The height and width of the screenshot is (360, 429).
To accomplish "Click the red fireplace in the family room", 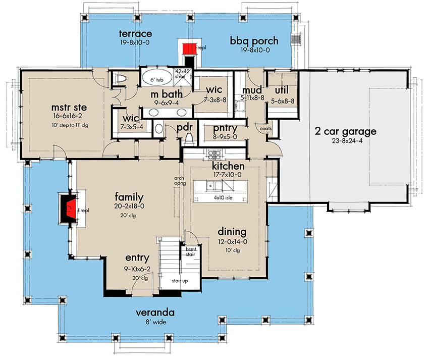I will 70,208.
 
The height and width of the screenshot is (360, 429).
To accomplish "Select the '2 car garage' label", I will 345,132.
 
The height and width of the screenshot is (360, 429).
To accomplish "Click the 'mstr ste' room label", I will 67,108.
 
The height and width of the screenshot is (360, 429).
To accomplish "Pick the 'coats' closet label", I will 266,129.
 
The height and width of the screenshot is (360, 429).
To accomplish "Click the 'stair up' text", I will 180,280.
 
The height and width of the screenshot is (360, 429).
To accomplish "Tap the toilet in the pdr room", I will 190,137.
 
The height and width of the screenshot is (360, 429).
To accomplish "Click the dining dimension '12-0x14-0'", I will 232,242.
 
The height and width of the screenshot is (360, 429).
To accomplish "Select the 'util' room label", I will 281,91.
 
